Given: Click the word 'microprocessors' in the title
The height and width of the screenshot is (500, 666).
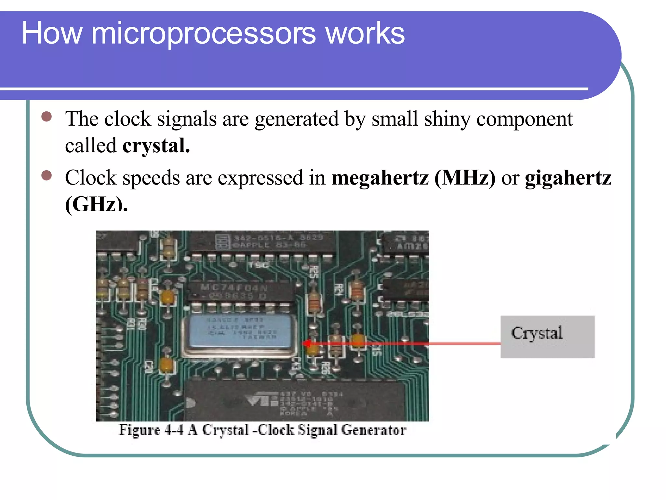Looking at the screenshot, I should point(203,34).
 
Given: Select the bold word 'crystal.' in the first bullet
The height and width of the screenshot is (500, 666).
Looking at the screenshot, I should point(156,146).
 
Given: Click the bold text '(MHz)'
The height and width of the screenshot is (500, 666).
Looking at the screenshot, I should point(465,178).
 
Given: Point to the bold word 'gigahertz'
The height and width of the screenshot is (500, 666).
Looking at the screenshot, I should point(568,178).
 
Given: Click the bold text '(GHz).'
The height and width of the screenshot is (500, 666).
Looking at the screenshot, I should point(96,205).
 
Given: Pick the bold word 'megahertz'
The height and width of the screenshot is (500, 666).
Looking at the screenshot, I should point(380,178).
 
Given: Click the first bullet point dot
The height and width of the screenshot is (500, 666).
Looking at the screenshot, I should point(47,117).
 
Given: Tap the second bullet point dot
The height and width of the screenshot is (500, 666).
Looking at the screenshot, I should point(47,175).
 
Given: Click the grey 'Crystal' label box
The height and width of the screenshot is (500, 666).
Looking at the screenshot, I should point(547,337).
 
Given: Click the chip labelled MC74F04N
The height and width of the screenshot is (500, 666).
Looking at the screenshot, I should point(234,291).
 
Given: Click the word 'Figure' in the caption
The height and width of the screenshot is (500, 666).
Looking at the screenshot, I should point(140,430).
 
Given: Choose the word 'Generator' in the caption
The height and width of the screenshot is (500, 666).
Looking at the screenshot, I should point(374,430).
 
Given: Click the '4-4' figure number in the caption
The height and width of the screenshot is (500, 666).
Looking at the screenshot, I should point(174,430).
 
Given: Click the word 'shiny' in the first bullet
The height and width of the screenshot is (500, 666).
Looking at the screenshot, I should point(447,119).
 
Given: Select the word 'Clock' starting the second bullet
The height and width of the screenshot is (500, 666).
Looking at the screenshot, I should point(91,178).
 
